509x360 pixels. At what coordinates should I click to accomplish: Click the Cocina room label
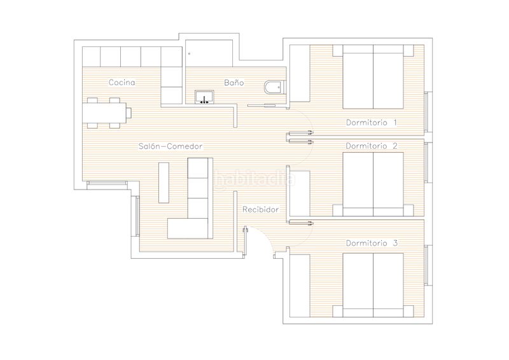click(122, 83)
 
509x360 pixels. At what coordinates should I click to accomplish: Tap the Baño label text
click(234, 83)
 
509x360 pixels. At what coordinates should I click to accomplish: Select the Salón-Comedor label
click(171, 146)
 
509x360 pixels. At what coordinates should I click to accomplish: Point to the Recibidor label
click(261, 209)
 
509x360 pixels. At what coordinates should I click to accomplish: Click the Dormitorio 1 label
click(372, 122)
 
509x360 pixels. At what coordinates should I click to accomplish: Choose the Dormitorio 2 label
click(372, 146)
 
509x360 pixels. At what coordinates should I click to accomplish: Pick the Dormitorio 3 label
click(372, 243)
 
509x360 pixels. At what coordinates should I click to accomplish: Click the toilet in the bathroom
click(274, 87)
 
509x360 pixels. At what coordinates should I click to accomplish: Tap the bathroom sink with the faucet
click(204, 97)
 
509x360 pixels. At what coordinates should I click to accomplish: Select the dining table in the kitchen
click(104, 113)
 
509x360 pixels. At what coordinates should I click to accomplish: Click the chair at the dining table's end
click(129, 113)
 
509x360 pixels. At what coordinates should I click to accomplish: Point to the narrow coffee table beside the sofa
click(164, 183)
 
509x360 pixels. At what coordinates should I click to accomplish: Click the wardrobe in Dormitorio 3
click(300, 286)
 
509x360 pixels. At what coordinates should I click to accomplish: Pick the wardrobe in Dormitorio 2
click(300, 193)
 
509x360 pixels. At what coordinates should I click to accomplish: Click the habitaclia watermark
click(254, 179)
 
